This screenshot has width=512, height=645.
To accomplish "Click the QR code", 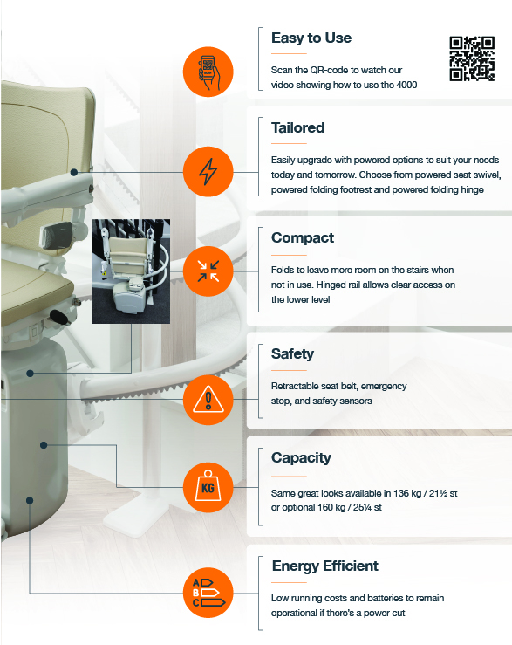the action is click(472, 58).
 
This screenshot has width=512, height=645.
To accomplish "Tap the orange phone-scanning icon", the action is click(208, 72).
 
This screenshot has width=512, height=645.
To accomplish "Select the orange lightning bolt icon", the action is click(208, 172).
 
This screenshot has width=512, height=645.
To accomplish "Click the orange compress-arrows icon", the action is click(208, 271).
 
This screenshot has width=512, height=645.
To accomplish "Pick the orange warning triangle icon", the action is click(208, 400).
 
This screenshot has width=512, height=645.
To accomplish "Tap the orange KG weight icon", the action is click(208, 487).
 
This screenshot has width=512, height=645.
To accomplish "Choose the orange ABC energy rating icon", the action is click(208, 593).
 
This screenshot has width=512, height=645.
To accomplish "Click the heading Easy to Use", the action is click(311, 38).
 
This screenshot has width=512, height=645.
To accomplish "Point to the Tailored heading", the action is click(297, 127).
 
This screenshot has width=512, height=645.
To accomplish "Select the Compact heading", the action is click(303, 237).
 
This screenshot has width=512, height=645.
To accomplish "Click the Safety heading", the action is click(292, 353).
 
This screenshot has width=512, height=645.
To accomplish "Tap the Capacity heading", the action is click(301, 458).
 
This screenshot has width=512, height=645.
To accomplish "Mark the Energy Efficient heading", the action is click(324, 566).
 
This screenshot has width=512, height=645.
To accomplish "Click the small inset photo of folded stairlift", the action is click(131, 271).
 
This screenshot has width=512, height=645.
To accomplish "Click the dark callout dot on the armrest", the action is click(74, 172).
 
